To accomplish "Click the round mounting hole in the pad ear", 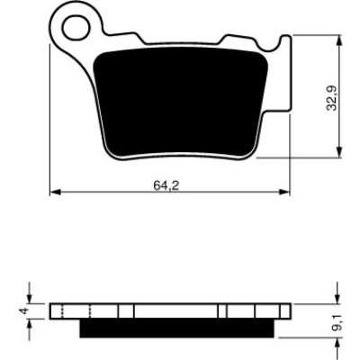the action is tap(76, 27).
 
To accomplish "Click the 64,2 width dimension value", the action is tap(166, 185).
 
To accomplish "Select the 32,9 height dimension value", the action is tap(332, 98).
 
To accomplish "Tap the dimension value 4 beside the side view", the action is tap(25, 310).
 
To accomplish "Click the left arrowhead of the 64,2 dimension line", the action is tap(55, 192).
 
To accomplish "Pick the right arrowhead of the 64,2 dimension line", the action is tap(284, 192).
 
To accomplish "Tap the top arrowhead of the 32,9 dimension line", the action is tap(339, 40).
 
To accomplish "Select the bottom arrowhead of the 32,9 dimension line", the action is tap(339, 152).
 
